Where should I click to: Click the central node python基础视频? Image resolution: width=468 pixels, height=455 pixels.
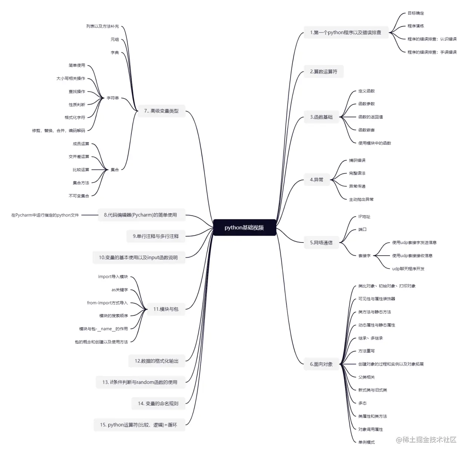pyautogui.click(x=244, y=227)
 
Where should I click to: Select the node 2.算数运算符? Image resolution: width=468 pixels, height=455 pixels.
pyautogui.click(x=323, y=71)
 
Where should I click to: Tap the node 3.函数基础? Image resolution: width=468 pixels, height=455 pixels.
pyautogui.click(x=321, y=117)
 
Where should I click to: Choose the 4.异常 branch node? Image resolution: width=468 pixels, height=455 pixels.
pyautogui.click(x=316, y=180)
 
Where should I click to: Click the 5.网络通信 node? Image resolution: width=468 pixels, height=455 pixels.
pyautogui.click(x=321, y=243)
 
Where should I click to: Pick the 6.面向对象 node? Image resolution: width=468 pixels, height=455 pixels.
pyautogui.click(x=321, y=364)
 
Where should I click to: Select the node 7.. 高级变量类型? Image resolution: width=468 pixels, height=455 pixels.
pyautogui.click(x=161, y=111)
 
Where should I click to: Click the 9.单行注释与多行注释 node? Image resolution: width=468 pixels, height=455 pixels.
pyautogui.click(x=155, y=236)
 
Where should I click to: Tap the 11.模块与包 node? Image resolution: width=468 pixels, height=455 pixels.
pyautogui.click(x=166, y=309)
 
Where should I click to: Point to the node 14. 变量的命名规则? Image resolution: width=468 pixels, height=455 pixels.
pyautogui.click(x=158, y=404)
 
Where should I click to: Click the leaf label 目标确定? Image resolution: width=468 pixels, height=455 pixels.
pyautogui.click(x=416, y=13)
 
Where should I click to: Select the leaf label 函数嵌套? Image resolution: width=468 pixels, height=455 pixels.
pyautogui.click(x=366, y=130)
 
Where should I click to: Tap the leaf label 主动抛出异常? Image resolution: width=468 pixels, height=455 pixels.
pyautogui.click(x=361, y=199)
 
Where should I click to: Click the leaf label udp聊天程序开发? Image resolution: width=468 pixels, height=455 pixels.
pyautogui.click(x=408, y=269)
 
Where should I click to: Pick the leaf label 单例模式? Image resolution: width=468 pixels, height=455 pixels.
pyautogui.click(x=366, y=442)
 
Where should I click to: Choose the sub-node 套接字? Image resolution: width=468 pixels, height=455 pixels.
pyautogui.click(x=364, y=256)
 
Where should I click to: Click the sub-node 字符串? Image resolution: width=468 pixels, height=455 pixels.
pyautogui.click(x=112, y=98)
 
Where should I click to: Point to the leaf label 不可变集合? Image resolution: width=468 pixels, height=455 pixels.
pyautogui.click(x=79, y=196)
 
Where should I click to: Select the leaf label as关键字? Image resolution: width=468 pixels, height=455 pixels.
pyautogui.click(x=120, y=290)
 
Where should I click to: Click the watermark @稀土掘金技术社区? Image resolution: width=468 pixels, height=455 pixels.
pyautogui.click(x=426, y=440)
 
